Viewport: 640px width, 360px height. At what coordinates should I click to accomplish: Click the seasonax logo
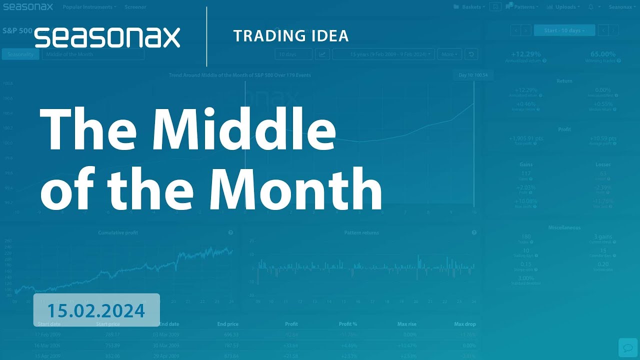pyautogui.click(x=107, y=37)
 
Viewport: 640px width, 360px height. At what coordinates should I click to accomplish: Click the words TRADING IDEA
pyautogui.click(x=290, y=36)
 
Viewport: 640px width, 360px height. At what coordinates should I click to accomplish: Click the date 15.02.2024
pyautogui.click(x=96, y=310)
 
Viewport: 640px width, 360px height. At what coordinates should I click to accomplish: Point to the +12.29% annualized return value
pyautogui.click(x=526, y=54)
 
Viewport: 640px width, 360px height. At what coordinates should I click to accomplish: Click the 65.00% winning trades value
pyautogui.click(x=602, y=54)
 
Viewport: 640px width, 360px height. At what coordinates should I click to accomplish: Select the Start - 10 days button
pyautogui.click(x=564, y=30)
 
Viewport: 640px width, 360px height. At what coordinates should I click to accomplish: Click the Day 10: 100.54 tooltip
pyautogui.click(x=473, y=75)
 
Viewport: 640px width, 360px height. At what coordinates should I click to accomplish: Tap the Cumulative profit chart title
pyautogui.click(x=118, y=232)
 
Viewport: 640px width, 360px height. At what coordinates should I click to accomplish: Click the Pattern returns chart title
pyautogui.click(x=361, y=232)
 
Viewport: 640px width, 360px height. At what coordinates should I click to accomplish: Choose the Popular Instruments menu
pyautogui.click(x=89, y=7)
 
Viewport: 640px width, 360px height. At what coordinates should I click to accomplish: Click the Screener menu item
pyautogui.click(x=135, y=7)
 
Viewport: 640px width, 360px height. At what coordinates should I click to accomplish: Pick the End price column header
pyautogui.click(x=227, y=324)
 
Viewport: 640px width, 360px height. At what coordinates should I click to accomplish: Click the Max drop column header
pyautogui.click(x=465, y=324)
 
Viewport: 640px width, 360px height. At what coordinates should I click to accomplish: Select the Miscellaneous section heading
pyautogui.click(x=564, y=227)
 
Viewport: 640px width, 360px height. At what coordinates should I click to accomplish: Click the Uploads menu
pyautogui.click(x=563, y=7)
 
